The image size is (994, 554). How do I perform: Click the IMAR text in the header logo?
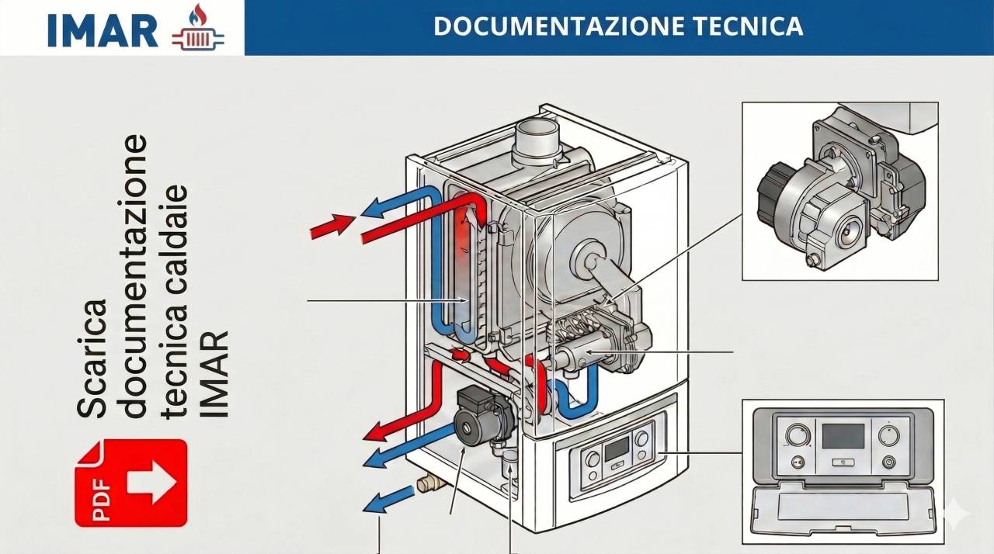pyautogui.click(x=103, y=29)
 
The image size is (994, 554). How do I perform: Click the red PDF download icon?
pyautogui.click(x=130, y=483)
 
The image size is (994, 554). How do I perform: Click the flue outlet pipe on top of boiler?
pyautogui.click(x=537, y=139)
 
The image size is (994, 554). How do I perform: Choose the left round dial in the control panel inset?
pyautogui.click(x=797, y=435)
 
